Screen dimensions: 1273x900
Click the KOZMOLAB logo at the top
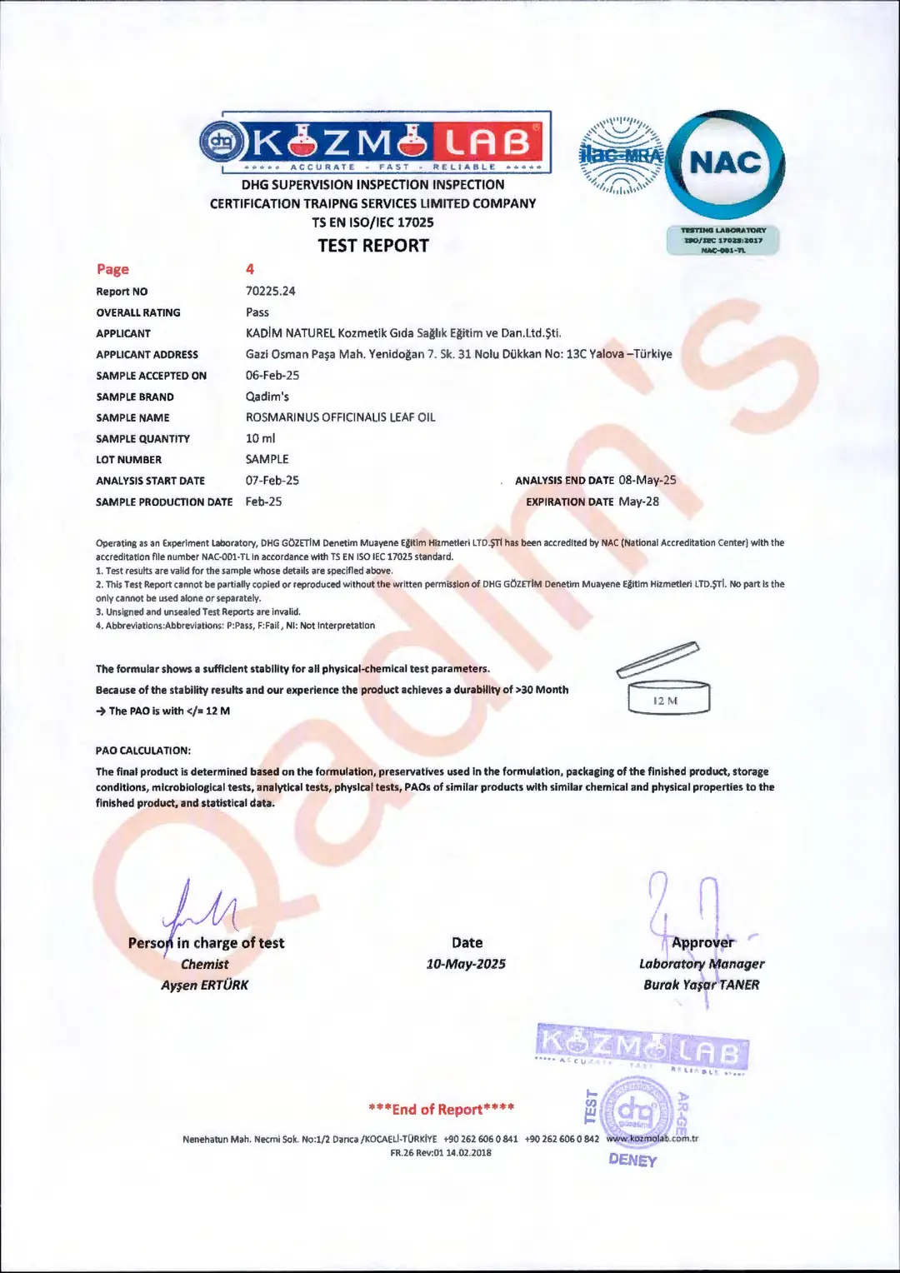pos(375,142)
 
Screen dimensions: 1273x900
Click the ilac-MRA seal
pos(621,156)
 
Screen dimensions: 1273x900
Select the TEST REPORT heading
pos(373,246)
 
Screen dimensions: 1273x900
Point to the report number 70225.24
pos(270,291)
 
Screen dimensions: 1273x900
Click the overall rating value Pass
pos(257,312)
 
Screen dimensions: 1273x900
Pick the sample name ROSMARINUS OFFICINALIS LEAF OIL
pos(340,417)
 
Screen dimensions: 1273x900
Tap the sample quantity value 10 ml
pos(260,438)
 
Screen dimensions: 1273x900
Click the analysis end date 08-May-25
pos(647,480)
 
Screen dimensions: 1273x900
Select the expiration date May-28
pos(638,502)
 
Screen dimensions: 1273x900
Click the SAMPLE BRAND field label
pos(135,397)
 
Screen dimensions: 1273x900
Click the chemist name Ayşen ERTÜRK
pos(205,985)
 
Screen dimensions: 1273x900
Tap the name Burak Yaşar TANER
pos(701,985)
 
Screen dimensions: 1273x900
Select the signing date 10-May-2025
pos(466,964)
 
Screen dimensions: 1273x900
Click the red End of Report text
pos(441,1109)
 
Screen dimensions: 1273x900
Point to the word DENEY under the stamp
pos(632,1160)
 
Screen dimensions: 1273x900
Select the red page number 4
pos(249,269)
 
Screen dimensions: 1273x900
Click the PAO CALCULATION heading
pos(143,751)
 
